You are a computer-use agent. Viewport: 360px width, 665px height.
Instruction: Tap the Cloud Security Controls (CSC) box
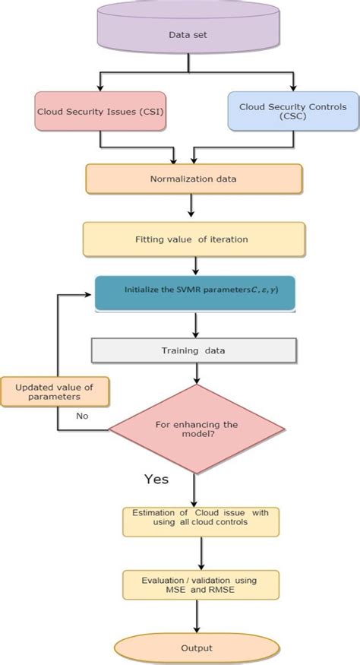(x=292, y=111)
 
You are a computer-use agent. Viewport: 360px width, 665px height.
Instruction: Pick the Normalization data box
(x=194, y=180)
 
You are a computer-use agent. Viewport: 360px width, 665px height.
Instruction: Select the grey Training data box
(x=194, y=350)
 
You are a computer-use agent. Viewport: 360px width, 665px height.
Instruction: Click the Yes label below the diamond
(x=156, y=480)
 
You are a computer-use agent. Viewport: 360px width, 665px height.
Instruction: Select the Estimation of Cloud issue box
(x=201, y=521)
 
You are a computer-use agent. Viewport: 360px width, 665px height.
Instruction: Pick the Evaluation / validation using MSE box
(x=201, y=585)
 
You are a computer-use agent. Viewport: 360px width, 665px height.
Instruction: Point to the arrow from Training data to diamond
(x=197, y=372)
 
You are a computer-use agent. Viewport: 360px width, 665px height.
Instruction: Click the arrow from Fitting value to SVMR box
(x=196, y=266)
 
